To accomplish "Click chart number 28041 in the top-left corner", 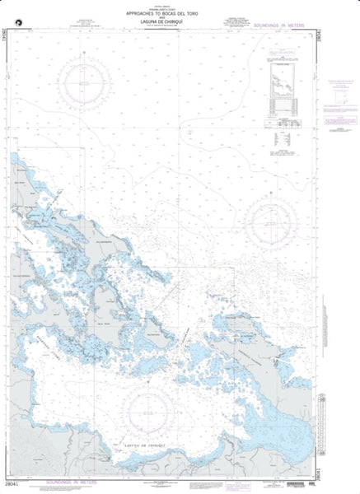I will [7, 34].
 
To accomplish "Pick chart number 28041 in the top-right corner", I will [353, 34].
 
